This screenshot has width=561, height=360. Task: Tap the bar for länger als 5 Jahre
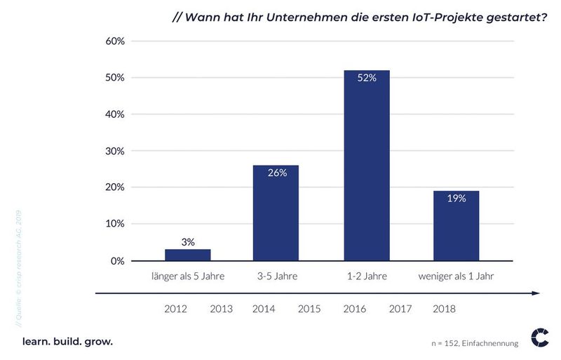tap(187, 255)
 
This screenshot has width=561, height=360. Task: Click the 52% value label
tap(367, 79)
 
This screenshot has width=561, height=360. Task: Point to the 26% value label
tap(276, 173)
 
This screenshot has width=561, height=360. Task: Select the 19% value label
tap(456, 199)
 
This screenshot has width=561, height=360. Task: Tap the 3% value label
tap(187, 241)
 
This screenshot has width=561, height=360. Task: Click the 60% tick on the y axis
tap(114, 41)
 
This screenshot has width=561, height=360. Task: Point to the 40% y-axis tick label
tap(114, 114)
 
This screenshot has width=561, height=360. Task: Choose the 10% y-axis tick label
tap(114, 224)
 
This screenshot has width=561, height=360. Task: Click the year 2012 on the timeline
tap(175, 309)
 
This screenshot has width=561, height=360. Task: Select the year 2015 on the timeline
tap(310, 309)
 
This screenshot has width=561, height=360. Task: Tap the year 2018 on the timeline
tap(445, 309)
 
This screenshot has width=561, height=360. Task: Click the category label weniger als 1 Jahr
tap(456, 276)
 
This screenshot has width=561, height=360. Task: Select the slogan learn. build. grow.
tap(67, 342)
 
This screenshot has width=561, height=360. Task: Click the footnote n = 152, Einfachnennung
tap(475, 343)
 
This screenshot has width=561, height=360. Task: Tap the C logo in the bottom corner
tap(540, 338)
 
